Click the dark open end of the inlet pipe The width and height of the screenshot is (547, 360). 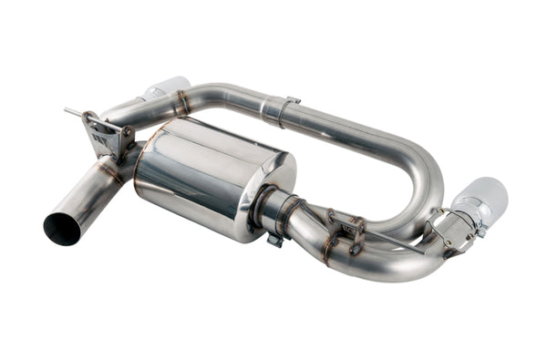tap(61, 229)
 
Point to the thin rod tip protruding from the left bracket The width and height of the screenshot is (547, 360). tap(67, 111)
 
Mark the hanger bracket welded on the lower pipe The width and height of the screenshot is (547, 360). tap(346, 232)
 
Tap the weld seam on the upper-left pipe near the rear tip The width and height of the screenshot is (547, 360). tap(181, 103)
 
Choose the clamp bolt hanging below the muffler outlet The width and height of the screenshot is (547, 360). tap(273, 241)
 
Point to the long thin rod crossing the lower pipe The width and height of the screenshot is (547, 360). tap(383, 236)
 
